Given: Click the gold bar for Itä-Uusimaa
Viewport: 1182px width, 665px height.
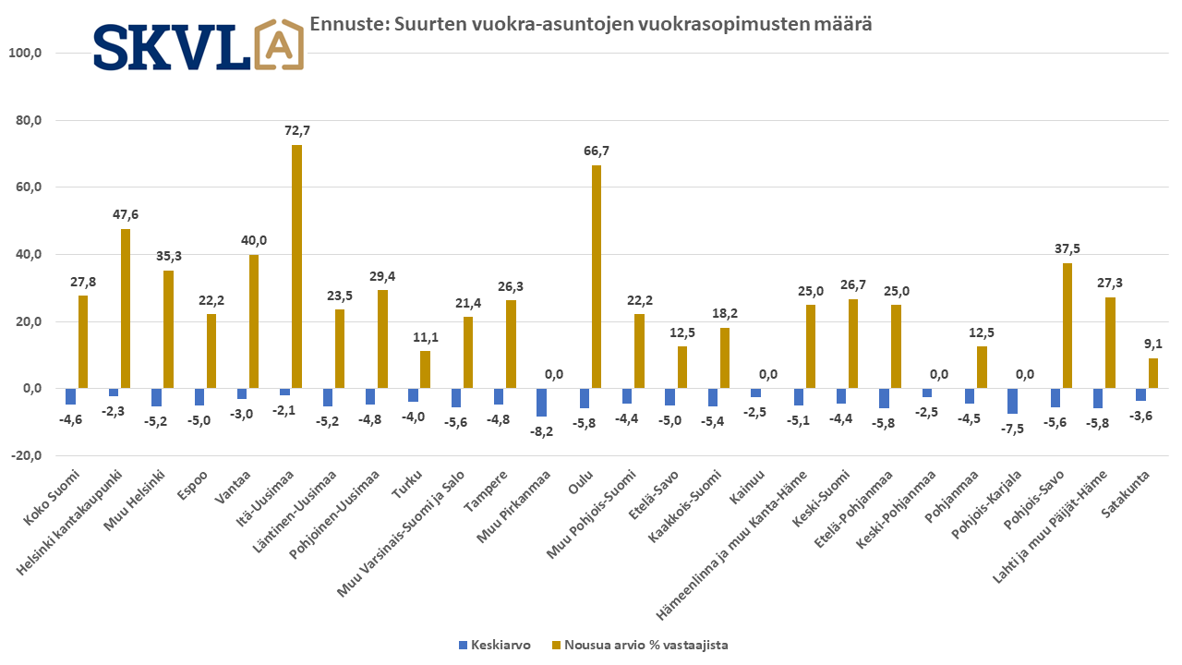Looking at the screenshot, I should pyautogui.click(x=296, y=267).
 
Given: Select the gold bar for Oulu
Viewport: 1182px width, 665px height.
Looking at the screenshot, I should pyautogui.click(x=597, y=277).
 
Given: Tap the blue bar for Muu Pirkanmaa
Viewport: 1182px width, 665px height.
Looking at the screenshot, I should pyautogui.click(x=541, y=403).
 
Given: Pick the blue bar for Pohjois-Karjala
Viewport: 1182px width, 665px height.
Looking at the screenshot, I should pyautogui.click(x=1012, y=402).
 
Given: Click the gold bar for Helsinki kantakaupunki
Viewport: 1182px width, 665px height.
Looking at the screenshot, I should pyautogui.click(x=126, y=308).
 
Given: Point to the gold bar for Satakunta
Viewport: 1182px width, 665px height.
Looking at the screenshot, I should pyautogui.click(x=1153, y=373).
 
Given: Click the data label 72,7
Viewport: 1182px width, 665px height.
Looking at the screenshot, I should pyautogui.click(x=296, y=130).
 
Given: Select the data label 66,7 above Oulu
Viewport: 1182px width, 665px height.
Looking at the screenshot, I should pyautogui.click(x=597, y=151).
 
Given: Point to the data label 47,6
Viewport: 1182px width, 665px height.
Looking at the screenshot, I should pyautogui.click(x=126, y=214).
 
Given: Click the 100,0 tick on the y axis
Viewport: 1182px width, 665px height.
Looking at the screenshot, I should pyautogui.click(x=25, y=53).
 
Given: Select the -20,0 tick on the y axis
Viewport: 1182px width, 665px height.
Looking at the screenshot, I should pyautogui.click(x=25, y=456).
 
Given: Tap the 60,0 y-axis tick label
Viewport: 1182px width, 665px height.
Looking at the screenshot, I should pyautogui.click(x=27, y=187).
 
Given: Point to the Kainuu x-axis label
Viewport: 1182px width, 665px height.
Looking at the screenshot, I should pyautogui.click(x=744, y=490).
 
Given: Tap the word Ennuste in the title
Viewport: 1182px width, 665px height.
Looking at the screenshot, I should pyautogui.click(x=342, y=24).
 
